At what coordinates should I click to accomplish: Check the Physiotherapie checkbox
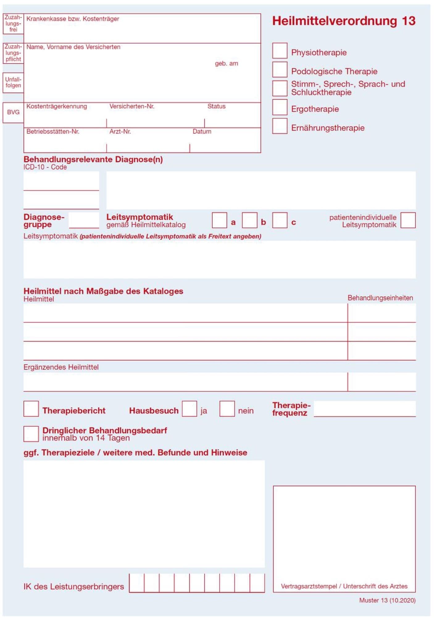coord(280,51)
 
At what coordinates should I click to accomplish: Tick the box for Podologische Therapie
coord(280,69)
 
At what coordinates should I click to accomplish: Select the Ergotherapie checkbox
coord(280,107)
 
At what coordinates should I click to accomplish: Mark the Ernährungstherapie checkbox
coord(280,126)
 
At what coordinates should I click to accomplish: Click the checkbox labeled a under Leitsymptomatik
coord(219,220)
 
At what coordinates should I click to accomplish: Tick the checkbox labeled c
coord(280,220)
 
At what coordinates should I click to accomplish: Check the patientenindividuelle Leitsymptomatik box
coord(408,220)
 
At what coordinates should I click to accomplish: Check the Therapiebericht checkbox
coord(31,409)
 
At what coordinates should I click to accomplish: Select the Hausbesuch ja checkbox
coord(189,409)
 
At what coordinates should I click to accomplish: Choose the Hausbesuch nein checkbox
coord(227,409)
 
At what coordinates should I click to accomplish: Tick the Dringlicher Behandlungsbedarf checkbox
coord(31,434)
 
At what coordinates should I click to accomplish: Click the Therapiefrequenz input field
coord(364,408)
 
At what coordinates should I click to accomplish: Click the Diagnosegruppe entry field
coord(84,220)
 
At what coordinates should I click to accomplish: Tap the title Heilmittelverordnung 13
coord(343,21)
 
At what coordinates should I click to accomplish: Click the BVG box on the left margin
coord(13,112)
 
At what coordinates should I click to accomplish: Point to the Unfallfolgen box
coord(13,82)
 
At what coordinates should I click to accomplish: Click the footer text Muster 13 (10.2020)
coord(387,600)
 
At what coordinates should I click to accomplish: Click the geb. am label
coord(226,64)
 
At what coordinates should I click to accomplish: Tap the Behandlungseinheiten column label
coord(380,298)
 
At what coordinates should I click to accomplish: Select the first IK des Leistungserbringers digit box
coord(137,583)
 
